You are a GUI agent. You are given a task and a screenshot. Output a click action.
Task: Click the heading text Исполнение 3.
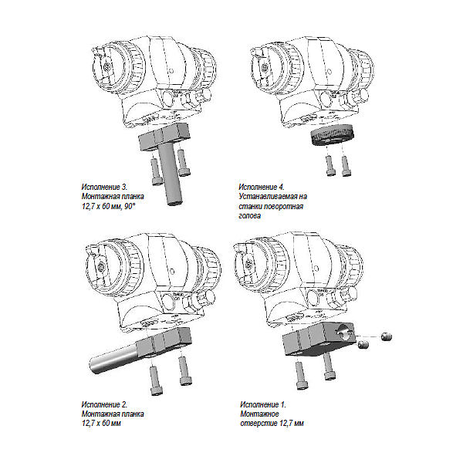click(x=104, y=188)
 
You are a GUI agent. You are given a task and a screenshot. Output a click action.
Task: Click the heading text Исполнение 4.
click(x=262, y=188)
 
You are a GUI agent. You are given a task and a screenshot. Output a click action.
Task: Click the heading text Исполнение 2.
click(x=104, y=404)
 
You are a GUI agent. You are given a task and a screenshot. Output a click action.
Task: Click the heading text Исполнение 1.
click(x=263, y=404)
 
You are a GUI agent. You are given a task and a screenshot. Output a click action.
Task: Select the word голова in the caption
click(x=250, y=216)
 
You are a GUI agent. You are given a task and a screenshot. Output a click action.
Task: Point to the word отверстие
click(x=256, y=424)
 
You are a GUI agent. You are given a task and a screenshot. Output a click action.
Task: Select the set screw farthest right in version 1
click(x=386, y=336)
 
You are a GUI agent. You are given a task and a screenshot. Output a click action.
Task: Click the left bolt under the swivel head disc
click(x=330, y=165)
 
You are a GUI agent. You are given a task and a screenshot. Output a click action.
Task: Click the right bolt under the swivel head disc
click(x=346, y=166)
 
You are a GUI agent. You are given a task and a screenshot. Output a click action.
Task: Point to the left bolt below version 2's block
click(x=155, y=380)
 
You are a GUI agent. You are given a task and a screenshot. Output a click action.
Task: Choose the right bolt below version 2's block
click(x=184, y=371)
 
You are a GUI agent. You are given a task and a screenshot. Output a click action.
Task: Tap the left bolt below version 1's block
click(x=302, y=375)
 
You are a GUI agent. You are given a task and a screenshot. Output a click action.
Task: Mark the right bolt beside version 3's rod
click(x=184, y=163)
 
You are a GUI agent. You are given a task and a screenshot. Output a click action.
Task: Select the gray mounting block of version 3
click(x=165, y=137)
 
